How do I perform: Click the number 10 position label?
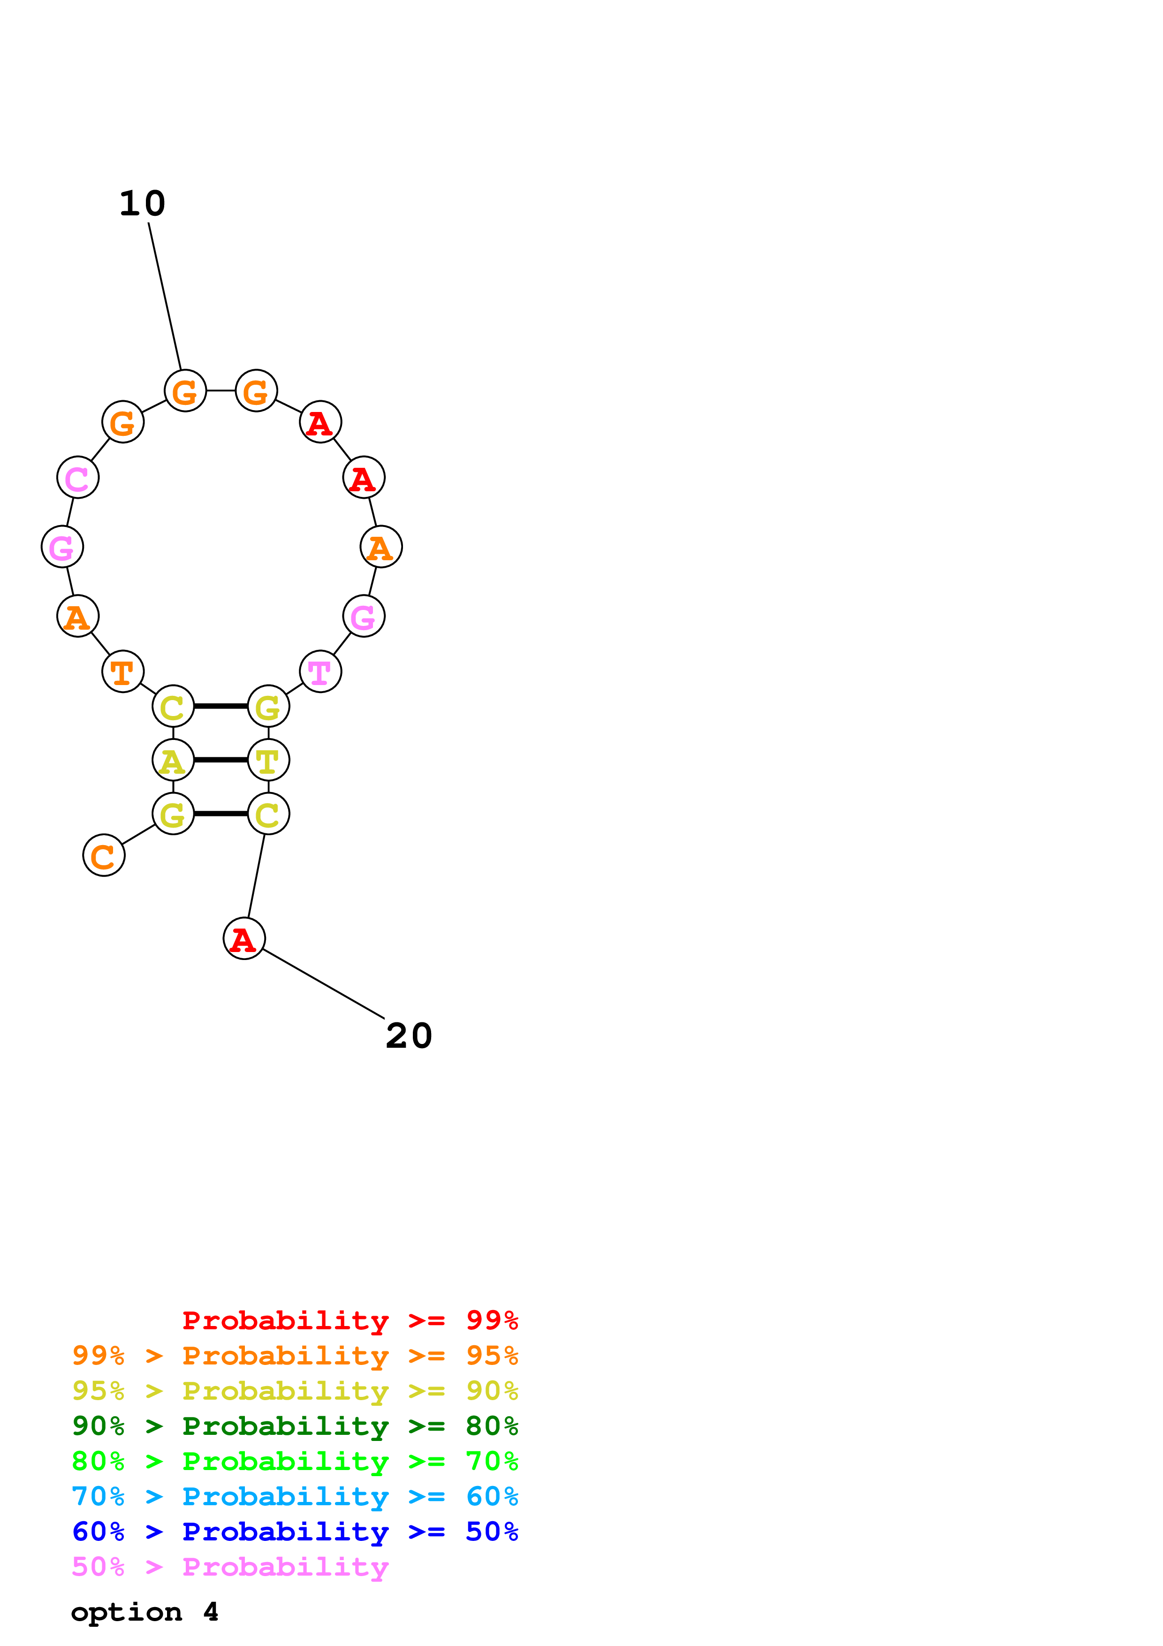[142, 204]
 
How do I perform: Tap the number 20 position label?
[409, 1036]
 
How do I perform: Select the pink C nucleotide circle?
[77, 478]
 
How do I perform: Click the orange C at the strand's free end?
[104, 855]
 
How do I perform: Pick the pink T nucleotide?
[320, 672]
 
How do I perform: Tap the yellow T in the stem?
[269, 760]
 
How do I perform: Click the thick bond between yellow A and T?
[220, 760]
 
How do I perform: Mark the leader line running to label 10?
[165, 296]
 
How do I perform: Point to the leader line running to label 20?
[324, 983]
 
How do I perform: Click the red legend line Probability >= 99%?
[350, 1320]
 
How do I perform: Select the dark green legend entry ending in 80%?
[295, 1426]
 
